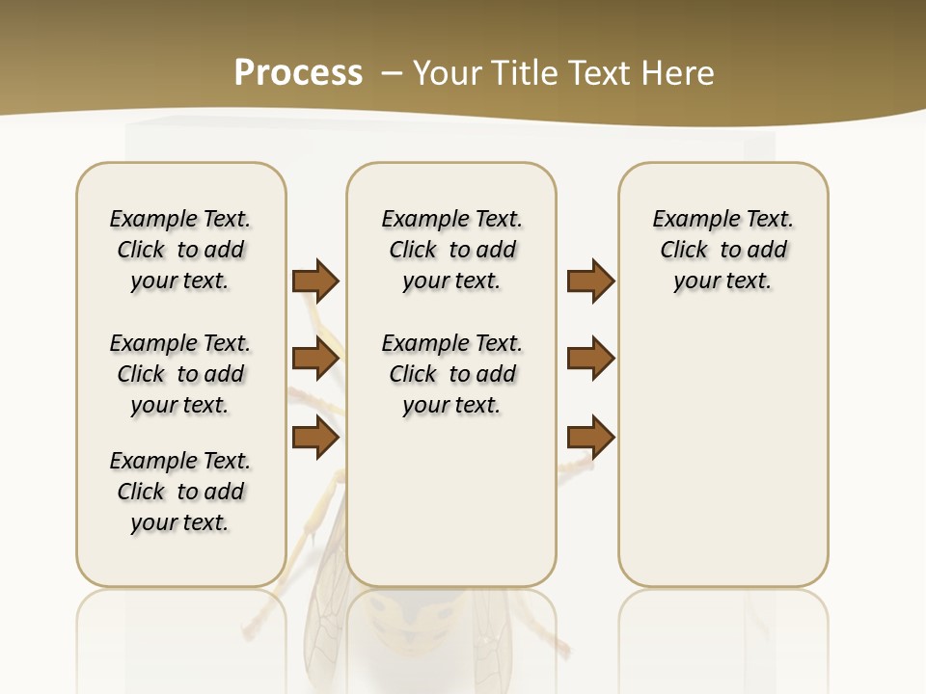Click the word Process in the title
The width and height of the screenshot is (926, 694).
(x=298, y=73)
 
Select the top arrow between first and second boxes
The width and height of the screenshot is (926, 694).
(x=315, y=280)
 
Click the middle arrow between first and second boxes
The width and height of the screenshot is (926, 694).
(x=315, y=360)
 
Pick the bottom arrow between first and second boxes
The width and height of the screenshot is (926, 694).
(x=315, y=438)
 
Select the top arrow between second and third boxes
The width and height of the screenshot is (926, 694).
(x=590, y=280)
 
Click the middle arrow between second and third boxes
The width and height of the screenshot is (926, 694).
(x=590, y=360)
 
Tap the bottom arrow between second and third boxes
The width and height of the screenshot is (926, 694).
(x=590, y=438)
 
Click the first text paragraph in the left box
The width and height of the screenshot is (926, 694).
(x=180, y=250)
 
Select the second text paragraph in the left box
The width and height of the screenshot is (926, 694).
(x=180, y=374)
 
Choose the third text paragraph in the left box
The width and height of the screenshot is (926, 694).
(x=180, y=492)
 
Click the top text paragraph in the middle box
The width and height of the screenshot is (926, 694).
(x=451, y=250)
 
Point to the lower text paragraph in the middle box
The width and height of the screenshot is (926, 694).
(x=451, y=374)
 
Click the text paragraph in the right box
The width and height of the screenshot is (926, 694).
(x=723, y=250)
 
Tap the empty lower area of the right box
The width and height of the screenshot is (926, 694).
(x=723, y=453)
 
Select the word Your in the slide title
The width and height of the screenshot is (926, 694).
(x=448, y=73)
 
